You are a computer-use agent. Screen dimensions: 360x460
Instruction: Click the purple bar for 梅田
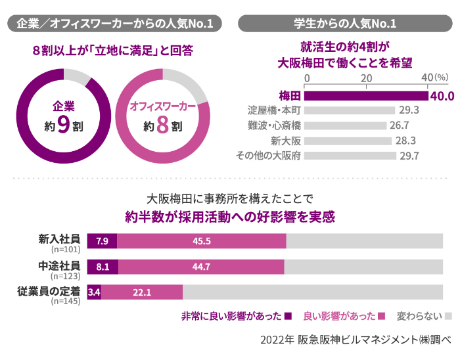pyautogui.click(x=365, y=96)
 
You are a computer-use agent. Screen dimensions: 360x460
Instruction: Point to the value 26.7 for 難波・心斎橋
pyautogui.click(x=400, y=124)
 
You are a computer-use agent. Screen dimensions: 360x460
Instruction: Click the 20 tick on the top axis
pyautogui.click(x=366, y=77)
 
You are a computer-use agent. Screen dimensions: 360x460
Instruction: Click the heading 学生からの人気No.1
pyautogui.click(x=344, y=24)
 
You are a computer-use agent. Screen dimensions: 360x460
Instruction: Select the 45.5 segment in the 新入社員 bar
pyautogui.click(x=201, y=241)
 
